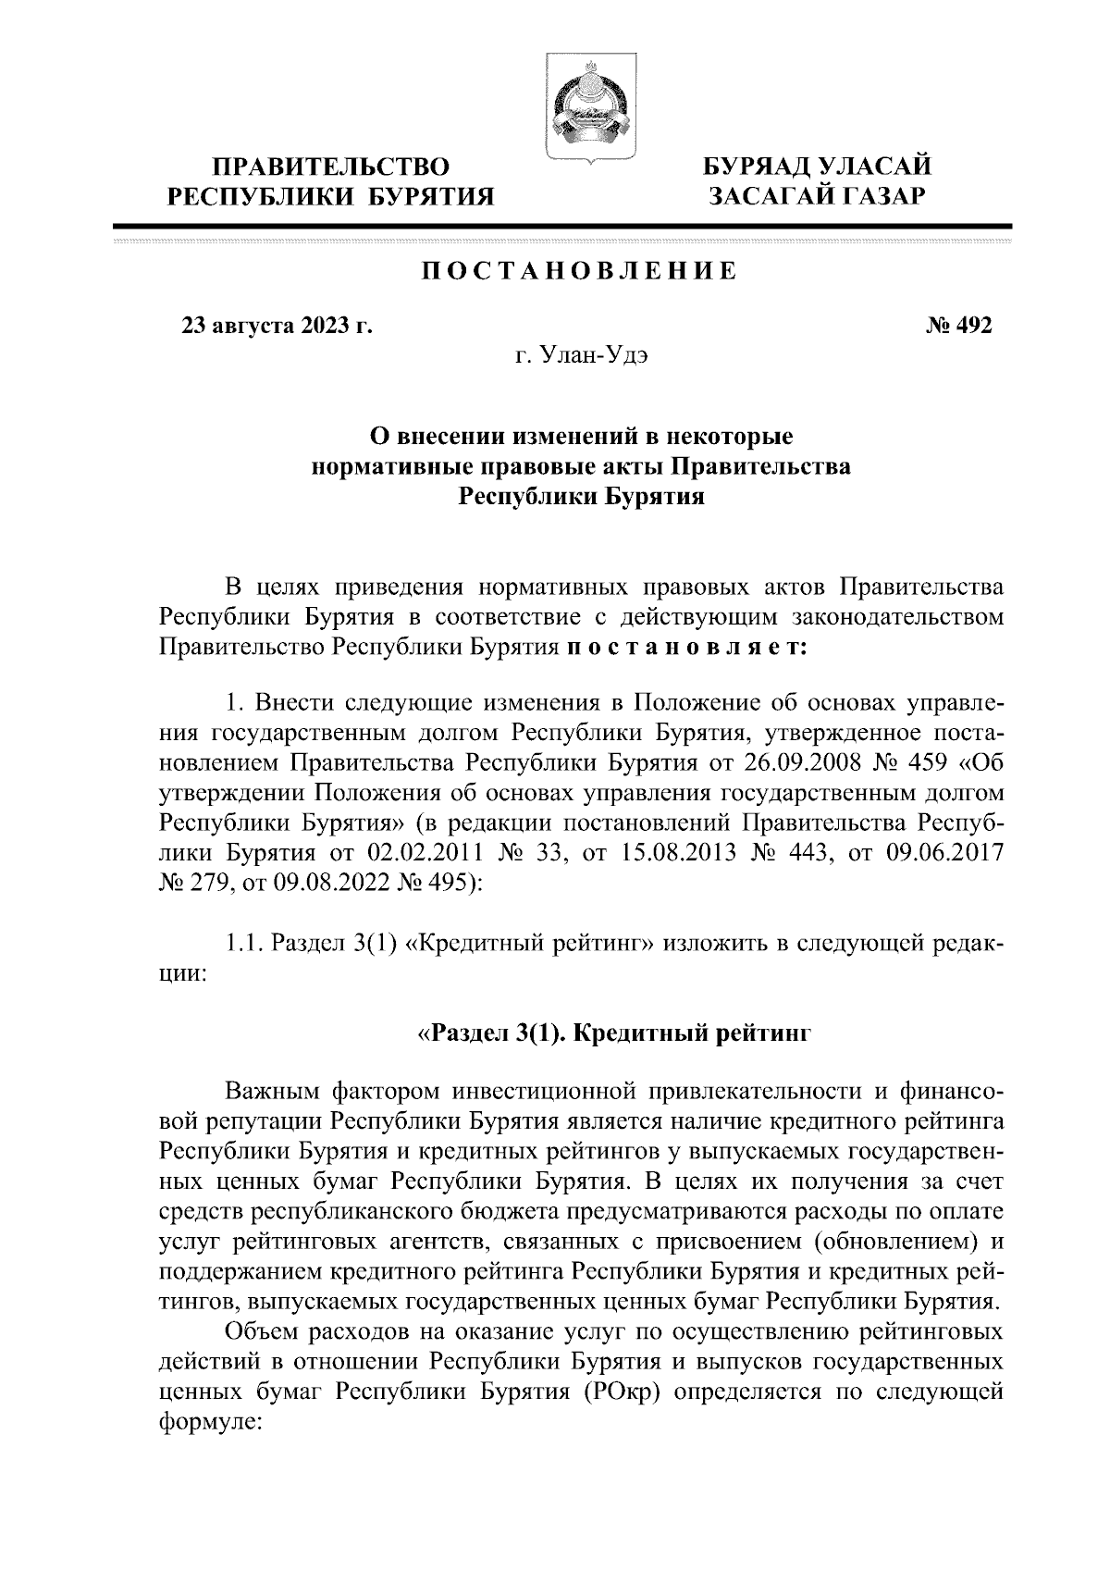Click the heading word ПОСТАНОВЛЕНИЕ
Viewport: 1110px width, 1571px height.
580,271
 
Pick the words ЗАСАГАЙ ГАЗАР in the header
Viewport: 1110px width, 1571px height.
817,196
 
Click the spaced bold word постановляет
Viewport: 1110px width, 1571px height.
685,647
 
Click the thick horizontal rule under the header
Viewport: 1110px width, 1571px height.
561,226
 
